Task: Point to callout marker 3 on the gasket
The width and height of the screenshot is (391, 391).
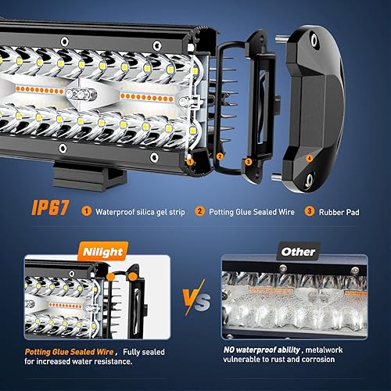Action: tap(247, 162)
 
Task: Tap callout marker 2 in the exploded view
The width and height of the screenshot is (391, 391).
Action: tap(219, 157)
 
